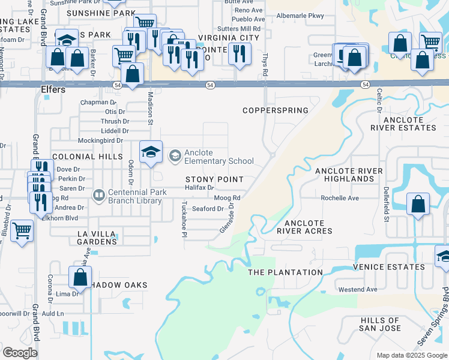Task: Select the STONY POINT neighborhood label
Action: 214,179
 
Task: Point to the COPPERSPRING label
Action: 276,110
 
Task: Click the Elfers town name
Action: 52,89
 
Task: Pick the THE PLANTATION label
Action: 286,272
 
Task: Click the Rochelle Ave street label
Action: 340,198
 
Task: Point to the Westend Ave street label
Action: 358,289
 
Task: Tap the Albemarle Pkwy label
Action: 307,15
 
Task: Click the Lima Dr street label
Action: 68,294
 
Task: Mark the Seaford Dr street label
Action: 208,209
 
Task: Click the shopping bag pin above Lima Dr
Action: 80,277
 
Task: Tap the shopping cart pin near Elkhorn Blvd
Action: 22,230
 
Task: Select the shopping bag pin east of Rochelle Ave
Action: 418,204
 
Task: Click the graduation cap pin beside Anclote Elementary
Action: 151,151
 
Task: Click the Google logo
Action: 20,353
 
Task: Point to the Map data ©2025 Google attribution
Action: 411,355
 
